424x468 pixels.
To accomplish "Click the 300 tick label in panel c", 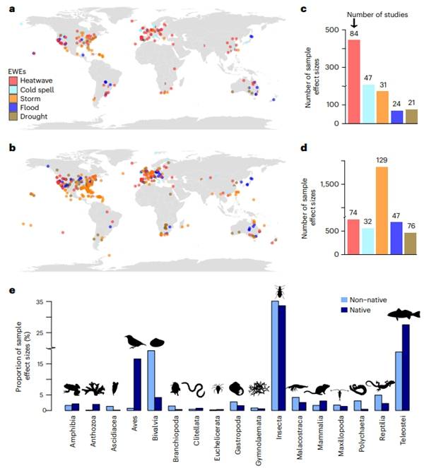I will pos(329,67).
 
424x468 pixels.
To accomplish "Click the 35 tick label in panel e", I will pos(38,301).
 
